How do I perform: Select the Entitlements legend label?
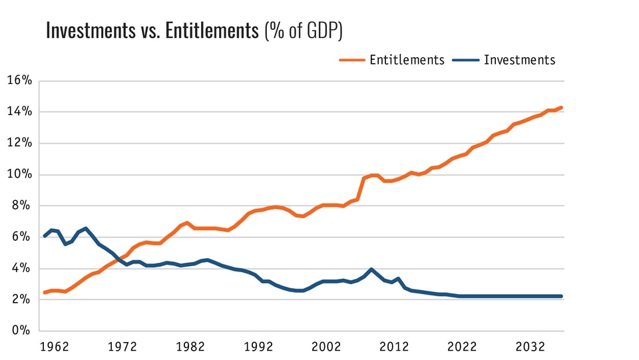pyautogui.click(x=407, y=60)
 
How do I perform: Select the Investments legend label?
pyautogui.click(x=519, y=60)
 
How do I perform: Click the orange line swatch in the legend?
pyautogui.click(x=352, y=60)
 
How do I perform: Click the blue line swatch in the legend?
pyautogui.click(x=465, y=60)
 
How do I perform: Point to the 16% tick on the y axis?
pyautogui.click(x=19, y=81)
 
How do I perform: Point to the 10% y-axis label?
pyautogui.click(x=19, y=174)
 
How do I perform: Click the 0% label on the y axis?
pyautogui.click(x=23, y=331)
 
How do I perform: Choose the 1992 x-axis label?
pyautogui.click(x=259, y=347)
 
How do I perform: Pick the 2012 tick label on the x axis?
pyautogui.click(x=395, y=347)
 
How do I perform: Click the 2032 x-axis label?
pyautogui.click(x=531, y=347)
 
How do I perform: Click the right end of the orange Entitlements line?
pyautogui.click(x=562, y=108)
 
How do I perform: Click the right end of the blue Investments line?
pyautogui.click(x=562, y=296)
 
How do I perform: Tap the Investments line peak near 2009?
pyautogui.click(x=371, y=270)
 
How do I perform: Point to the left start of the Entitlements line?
pyautogui.click(x=45, y=292)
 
